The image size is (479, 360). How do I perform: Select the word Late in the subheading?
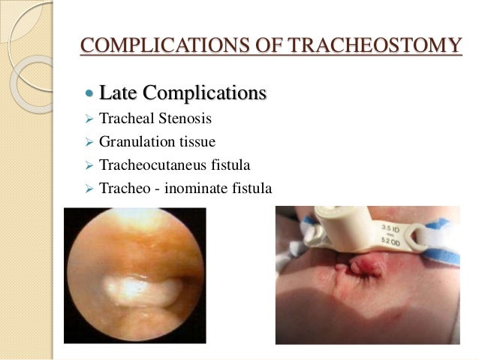pyautogui.click(x=115, y=94)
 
